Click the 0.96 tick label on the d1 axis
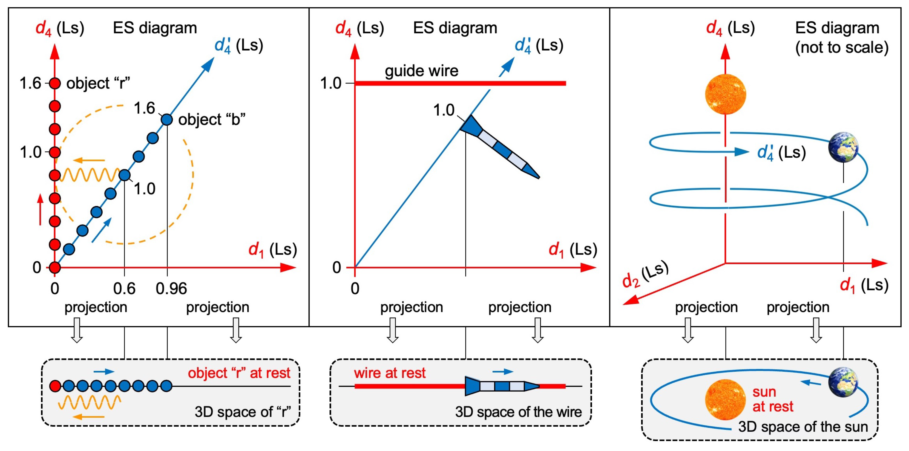pos(171,289)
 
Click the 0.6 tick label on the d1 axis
pos(124,289)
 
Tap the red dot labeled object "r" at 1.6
pos(55,83)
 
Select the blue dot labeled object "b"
pos(166,120)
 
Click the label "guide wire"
pos(421,71)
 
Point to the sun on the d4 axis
pos(725,94)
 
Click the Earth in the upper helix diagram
pos(843,147)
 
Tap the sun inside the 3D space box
pos(725,400)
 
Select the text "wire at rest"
pos(390,373)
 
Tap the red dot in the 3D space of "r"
pos(55,386)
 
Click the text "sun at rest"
pos(773,399)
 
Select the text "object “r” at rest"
pos(239,373)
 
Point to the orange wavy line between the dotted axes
pos(90,175)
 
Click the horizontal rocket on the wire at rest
pos(501,386)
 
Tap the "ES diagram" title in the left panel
pos(155,28)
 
